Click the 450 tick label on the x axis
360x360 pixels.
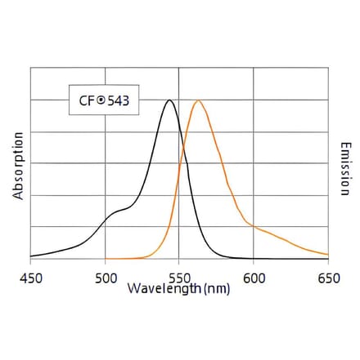click(31, 278)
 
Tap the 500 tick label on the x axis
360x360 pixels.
click(106, 278)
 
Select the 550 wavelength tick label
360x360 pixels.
click(180, 278)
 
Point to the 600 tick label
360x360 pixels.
click(254, 278)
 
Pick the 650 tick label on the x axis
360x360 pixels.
click(327, 278)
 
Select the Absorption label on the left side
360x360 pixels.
click(18, 167)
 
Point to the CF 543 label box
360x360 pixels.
click(102, 102)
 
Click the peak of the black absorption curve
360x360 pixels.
click(169, 100)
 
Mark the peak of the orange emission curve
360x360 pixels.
click(197, 100)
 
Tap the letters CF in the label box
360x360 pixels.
click(84, 102)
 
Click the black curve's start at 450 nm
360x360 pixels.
click(32, 256)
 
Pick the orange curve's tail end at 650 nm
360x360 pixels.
click(327, 258)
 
